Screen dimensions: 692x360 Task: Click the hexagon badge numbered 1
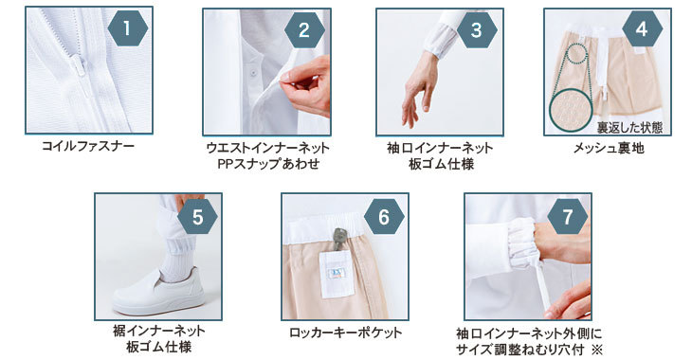coord(128,28)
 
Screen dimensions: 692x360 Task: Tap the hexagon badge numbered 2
coord(304,30)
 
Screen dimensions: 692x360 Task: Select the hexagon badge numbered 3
coord(477,30)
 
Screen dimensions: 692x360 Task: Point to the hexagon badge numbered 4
coord(642,28)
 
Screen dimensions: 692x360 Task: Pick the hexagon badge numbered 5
coord(197,217)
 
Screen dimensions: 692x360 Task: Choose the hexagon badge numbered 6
coord(384,217)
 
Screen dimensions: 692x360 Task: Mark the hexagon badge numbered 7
coord(568,217)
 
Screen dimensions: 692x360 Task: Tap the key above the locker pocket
coord(338,242)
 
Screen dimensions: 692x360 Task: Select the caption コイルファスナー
coord(88,146)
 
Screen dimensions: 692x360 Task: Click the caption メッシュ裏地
coord(609,148)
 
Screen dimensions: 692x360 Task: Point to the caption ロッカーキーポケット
coord(346,333)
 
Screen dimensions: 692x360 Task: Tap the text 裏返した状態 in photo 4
coord(629,128)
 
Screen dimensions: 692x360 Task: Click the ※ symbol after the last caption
coord(596,350)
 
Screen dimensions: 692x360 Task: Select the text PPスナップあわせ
coord(268,164)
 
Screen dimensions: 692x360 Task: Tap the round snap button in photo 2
coord(252,71)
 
